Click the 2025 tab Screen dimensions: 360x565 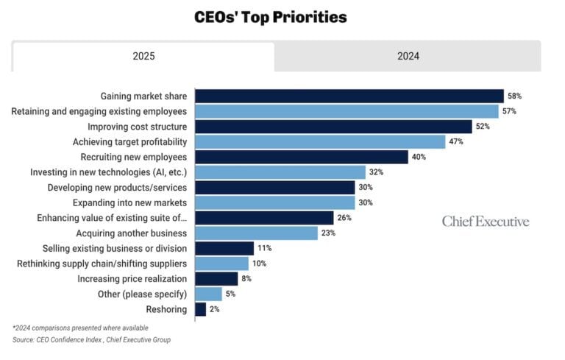pyautogui.click(x=143, y=57)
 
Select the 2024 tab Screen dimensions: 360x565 pyautogui.click(x=408, y=57)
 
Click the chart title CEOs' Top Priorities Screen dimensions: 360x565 pyautogui.click(x=270, y=17)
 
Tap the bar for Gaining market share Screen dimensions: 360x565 pyautogui.click(x=349, y=96)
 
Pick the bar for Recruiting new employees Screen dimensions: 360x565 pyautogui.click(x=301, y=157)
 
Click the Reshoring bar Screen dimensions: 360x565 pyautogui.click(x=200, y=309)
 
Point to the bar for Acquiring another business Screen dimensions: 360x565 pyautogui.click(x=256, y=233)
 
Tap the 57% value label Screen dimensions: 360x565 pyautogui.click(x=508, y=111)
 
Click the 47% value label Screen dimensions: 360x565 pyautogui.click(x=455, y=141)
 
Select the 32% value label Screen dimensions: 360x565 pyautogui.click(x=376, y=172)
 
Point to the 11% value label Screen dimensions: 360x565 pyautogui.click(x=264, y=249)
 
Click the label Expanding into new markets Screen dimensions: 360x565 pyautogui.click(x=129, y=202)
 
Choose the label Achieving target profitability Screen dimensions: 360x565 pyautogui.click(x=129, y=141)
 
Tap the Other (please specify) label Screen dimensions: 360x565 pyautogui.click(x=141, y=294)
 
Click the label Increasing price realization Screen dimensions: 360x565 pyautogui.click(x=132, y=279)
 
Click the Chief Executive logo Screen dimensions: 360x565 pyautogui.click(x=486, y=222)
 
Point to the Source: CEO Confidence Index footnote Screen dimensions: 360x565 pyautogui.click(x=91, y=339)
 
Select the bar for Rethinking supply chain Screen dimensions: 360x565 pyautogui.click(x=221, y=264)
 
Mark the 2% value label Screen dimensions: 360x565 pyautogui.click(x=214, y=309)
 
